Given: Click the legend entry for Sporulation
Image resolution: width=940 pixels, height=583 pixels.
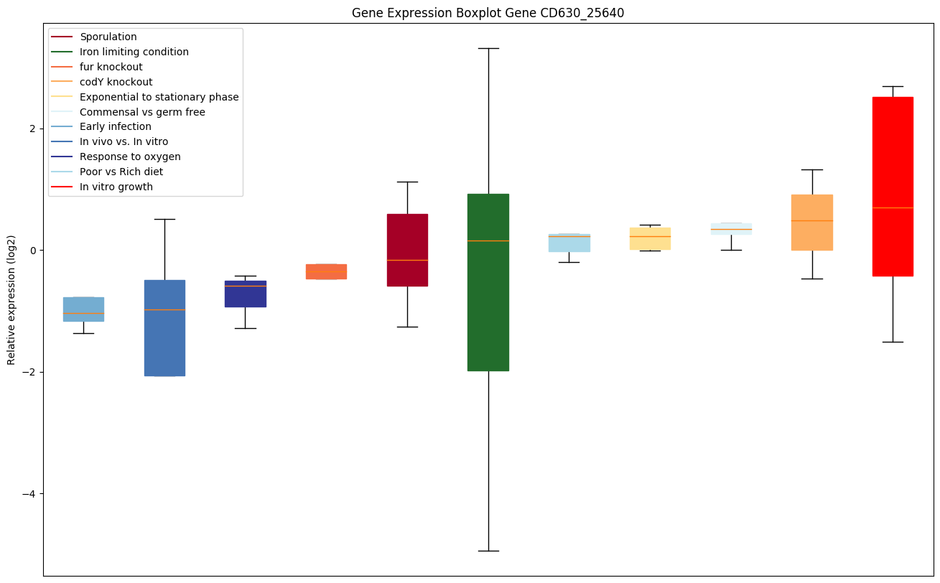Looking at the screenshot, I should [108, 37].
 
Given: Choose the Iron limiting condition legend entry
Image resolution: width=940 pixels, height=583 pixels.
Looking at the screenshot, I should [134, 52].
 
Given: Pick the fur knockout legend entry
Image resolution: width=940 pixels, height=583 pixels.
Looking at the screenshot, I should [111, 67].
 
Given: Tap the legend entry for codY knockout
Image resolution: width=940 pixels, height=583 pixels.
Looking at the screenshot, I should [116, 82].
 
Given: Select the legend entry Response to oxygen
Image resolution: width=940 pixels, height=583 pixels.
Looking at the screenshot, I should [130, 157].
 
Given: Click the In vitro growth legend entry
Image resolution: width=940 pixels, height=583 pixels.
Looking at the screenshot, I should [116, 187].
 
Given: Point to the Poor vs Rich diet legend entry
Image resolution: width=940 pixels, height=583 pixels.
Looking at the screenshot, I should [121, 172].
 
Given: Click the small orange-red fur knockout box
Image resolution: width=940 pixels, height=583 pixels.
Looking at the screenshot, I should [326, 271].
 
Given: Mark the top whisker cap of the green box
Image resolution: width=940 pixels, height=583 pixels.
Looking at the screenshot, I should [488, 48].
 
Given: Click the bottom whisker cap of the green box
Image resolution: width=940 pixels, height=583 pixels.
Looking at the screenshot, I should [488, 551].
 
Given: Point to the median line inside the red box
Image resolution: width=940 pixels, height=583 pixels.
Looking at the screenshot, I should [893, 207].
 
